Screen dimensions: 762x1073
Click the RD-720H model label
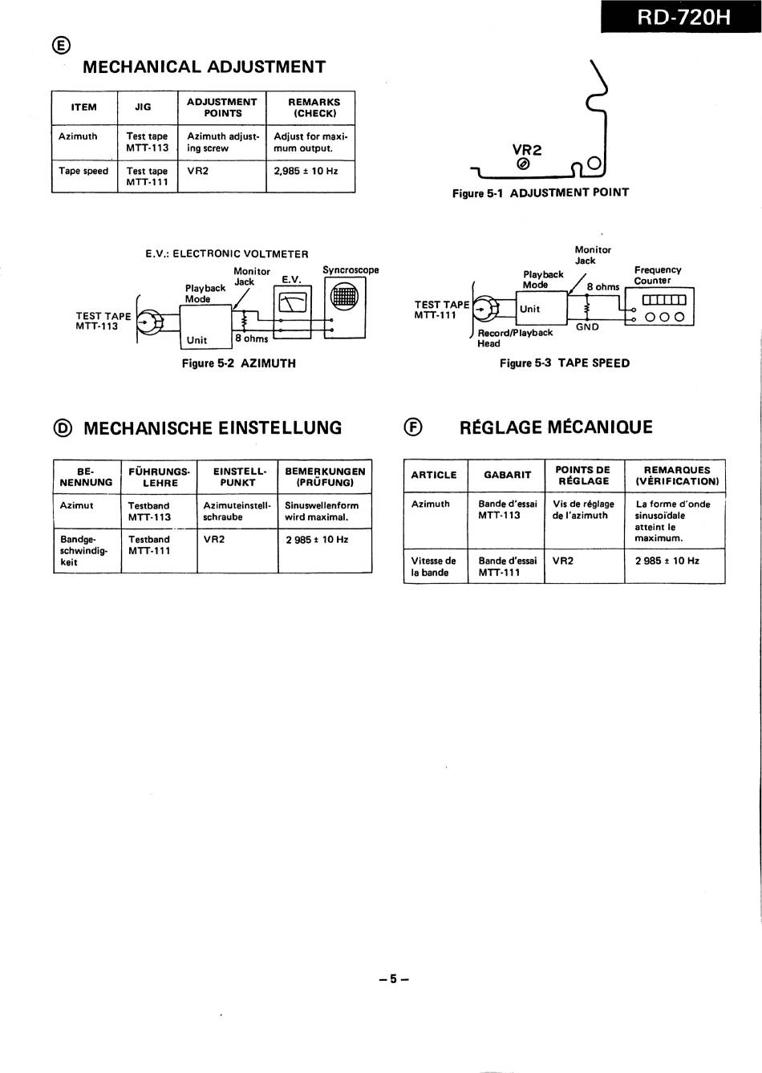point(683,18)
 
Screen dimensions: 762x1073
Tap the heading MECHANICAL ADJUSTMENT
point(205,67)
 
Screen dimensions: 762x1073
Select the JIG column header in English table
point(143,107)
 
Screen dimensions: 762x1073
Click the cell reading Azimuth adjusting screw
point(223,142)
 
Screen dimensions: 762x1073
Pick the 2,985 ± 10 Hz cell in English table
point(306,171)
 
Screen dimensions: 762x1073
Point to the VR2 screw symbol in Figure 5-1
point(523,164)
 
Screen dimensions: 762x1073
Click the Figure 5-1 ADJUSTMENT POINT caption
point(540,192)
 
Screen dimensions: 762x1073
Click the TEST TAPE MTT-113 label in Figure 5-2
point(103,321)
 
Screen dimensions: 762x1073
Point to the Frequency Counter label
point(658,275)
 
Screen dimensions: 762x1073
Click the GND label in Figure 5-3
point(587,326)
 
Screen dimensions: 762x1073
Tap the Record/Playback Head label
point(515,338)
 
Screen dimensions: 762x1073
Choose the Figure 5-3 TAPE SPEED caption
point(565,363)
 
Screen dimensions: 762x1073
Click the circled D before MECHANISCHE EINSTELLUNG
point(63,427)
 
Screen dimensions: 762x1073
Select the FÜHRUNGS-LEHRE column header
point(159,477)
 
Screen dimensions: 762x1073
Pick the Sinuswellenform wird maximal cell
point(321,511)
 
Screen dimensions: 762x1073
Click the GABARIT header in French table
point(508,475)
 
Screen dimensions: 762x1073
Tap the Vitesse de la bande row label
point(433,566)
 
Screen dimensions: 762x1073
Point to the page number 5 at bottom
point(394,978)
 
